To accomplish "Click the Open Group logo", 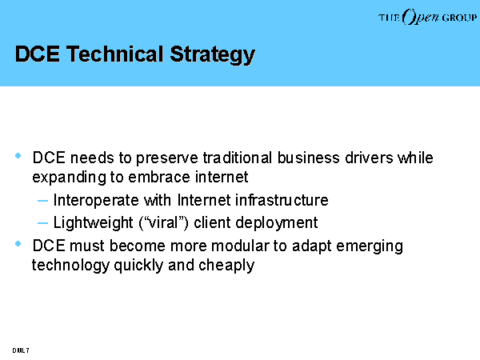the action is (x=428, y=17).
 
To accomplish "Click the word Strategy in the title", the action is (x=213, y=54).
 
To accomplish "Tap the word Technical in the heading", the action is (x=114, y=54).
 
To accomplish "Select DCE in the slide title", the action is (x=38, y=54).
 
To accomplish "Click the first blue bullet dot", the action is (x=18, y=156).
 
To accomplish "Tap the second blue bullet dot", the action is (x=18, y=244).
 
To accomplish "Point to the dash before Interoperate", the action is (x=42, y=201).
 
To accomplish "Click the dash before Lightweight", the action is (x=42, y=223).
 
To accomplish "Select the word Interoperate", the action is (x=96, y=201).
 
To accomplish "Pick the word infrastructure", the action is (x=282, y=200).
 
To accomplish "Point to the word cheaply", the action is (x=226, y=266).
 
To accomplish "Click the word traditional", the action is (x=238, y=158).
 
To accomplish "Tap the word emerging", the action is (x=370, y=246).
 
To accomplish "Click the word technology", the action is (x=70, y=266).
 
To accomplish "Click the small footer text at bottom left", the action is (x=21, y=350).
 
